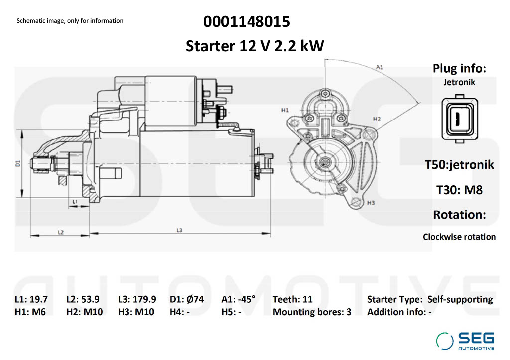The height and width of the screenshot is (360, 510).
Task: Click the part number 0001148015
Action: [247, 22]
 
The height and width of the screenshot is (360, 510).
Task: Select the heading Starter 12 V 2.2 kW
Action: [255, 46]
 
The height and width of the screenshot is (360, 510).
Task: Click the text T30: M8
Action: [459, 190]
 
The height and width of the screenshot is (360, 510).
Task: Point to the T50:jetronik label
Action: [459, 164]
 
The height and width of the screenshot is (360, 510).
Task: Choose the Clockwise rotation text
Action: [459, 237]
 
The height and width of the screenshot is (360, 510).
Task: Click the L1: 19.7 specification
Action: [31, 299]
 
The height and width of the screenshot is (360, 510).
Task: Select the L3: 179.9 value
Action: [137, 299]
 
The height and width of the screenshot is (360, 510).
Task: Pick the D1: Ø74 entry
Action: [186, 299]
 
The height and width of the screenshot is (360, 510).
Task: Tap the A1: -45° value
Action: [238, 299]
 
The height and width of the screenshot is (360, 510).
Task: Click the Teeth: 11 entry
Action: [292, 299]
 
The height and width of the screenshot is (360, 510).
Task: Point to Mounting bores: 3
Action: [312, 312]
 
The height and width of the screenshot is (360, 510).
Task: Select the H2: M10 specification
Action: [84, 312]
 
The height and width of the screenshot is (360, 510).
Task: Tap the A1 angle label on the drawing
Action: [379, 67]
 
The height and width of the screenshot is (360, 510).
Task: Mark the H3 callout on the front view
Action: [370, 203]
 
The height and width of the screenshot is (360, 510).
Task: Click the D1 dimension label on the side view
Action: [17, 162]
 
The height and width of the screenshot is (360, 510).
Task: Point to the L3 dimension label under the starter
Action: [179, 230]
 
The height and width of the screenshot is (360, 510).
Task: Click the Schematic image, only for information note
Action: [70, 21]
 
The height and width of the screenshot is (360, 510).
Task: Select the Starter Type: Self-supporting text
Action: [429, 299]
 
